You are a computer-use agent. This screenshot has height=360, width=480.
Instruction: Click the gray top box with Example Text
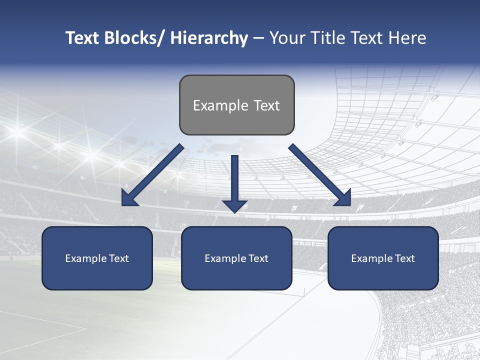click(x=236, y=105)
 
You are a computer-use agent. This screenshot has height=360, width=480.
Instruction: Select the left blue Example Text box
click(x=97, y=258)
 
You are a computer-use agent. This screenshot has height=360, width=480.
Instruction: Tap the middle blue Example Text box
click(x=236, y=258)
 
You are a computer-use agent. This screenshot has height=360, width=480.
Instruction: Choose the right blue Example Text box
click(x=383, y=258)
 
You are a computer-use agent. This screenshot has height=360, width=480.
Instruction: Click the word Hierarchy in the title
click(x=208, y=38)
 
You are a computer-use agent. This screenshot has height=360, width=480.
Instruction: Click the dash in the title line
click(x=258, y=38)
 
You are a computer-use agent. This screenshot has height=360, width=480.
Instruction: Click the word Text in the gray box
click(x=266, y=105)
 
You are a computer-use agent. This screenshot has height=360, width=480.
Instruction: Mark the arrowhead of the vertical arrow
click(x=235, y=205)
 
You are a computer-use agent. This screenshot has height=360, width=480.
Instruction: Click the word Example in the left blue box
click(x=85, y=258)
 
